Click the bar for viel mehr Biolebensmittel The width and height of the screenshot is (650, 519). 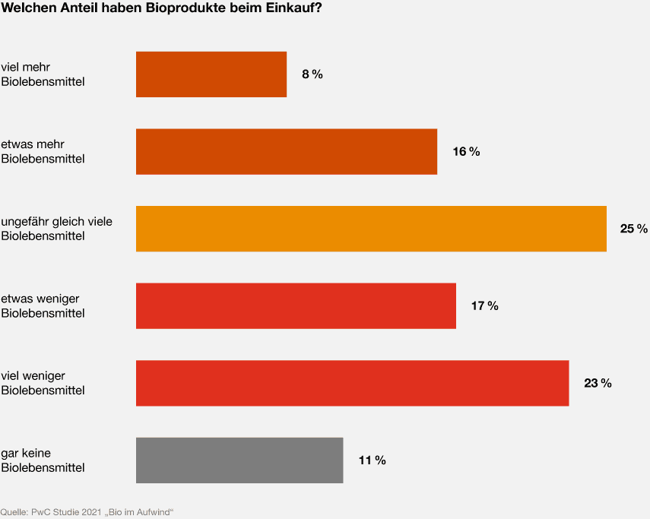click(x=211, y=74)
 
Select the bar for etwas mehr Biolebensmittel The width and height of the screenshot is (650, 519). click(x=287, y=151)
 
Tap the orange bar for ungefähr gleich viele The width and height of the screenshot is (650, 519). click(x=371, y=229)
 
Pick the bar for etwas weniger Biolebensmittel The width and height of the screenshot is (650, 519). click(x=296, y=305)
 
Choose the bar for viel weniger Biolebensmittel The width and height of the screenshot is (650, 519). click(x=352, y=383)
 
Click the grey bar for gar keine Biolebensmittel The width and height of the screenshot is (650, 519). click(x=239, y=460)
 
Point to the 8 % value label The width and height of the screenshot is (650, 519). click(x=312, y=74)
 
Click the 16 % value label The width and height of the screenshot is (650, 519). click(x=466, y=151)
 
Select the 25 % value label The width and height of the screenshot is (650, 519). click(x=633, y=229)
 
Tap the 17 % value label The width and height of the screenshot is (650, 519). click(x=484, y=305)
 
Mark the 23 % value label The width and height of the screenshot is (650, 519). click(x=598, y=383)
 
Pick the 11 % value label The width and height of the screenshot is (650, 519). click(x=372, y=460)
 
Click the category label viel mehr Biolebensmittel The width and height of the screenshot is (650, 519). click(x=43, y=74)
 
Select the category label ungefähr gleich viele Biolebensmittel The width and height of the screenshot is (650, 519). click(x=56, y=229)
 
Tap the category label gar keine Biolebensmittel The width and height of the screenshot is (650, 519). click(x=43, y=460)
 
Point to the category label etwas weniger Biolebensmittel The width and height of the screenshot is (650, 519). click(x=43, y=305)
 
